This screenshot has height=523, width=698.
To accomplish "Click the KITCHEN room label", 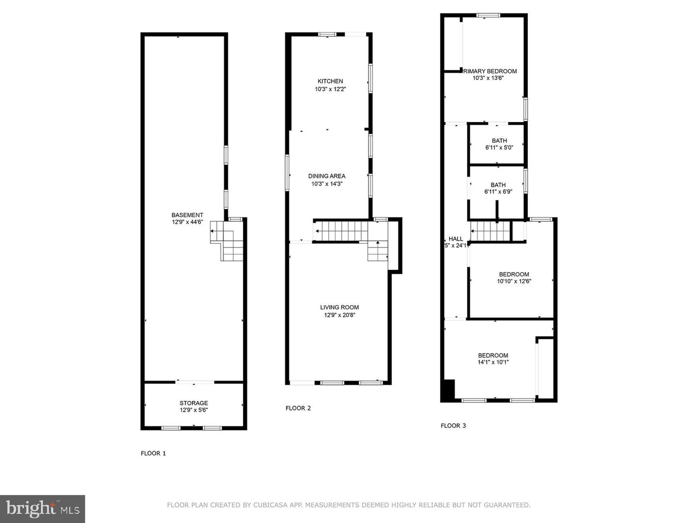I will pyautogui.click(x=330, y=81).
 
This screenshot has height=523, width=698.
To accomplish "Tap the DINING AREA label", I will pyautogui.click(x=327, y=176).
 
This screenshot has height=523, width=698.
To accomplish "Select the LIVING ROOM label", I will pyautogui.click(x=339, y=308).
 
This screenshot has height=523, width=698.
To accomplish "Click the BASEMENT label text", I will pyautogui.click(x=187, y=215).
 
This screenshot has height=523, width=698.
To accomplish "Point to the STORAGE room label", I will pyautogui.click(x=193, y=403).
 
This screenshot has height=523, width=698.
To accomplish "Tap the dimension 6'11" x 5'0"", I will pyautogui.click(x=499, y=148).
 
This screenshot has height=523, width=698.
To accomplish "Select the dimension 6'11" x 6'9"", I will pyautogui.click(x=498, y=192).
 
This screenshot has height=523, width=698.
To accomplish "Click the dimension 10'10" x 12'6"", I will pyautogui.click(x=514, y=281).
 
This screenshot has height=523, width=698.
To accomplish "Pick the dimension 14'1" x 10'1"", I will pyautogui.click(x=493, y=362).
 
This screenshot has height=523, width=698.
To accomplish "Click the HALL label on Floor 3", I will pyautogui.click(x=456, y=239).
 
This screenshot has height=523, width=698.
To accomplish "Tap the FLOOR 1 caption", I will pyautogui.click(x=153, y=454).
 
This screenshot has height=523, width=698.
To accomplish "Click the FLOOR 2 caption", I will pyautogui.click(x=298, y=408).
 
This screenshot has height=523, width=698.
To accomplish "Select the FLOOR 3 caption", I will pyautogui.click(x=453, y=426).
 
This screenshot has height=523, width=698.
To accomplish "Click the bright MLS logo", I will pyautogui.click(x=43, y=508).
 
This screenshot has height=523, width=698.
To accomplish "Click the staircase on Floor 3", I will pyautogui.click(x=491, y=231).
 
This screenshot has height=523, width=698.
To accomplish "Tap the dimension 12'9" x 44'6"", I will pyautogui.click(x=187, y=222).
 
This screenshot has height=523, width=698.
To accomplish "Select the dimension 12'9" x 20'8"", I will pyautogui.click(x=339, y=315).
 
